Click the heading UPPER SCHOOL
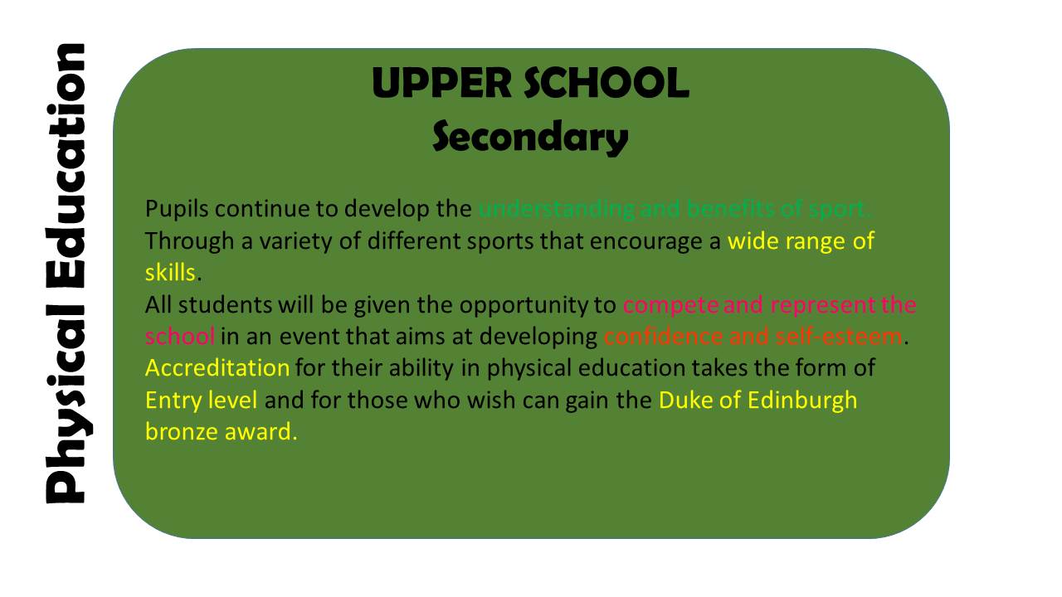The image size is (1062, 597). pyautogui.click(x=530, y=84)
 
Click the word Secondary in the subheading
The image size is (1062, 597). pyautogui.click(x=530, y=137)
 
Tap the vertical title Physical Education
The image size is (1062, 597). pyautogui.click(x=64, y=274)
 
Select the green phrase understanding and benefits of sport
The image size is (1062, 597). pyautogui.click(x=674, y=209)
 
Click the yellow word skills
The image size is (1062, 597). pyautogui.click(x=169, y=273)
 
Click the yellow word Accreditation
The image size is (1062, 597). pyautogui.click(x=217, y=367)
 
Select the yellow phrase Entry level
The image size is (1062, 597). pyautogui.click(x=202, y=400)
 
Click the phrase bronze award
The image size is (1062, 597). pyautogui.click(x=219, y=432)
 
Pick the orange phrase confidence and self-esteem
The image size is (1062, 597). pyautogui.click(x=752, y=337)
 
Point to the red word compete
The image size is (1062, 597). pyautogui.click(x=670, y=305)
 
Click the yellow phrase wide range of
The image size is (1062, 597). pyautogui.click(x=801, y=241)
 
